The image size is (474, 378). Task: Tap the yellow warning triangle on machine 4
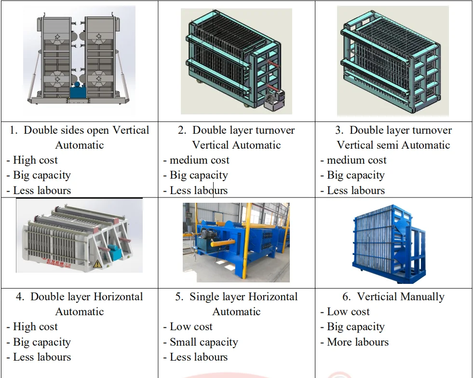[97, 264]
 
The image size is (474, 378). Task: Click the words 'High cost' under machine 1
[35, 160]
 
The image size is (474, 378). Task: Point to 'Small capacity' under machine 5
[203, 342]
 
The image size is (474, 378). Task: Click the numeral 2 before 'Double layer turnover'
[182, 130]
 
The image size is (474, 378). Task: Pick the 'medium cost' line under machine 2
[199, 160]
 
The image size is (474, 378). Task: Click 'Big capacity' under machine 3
[355, 175]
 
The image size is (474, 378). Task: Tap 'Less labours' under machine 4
[42, 357]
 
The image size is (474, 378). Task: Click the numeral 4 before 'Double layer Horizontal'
[20, 297]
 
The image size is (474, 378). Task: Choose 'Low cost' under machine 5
[191, 327]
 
